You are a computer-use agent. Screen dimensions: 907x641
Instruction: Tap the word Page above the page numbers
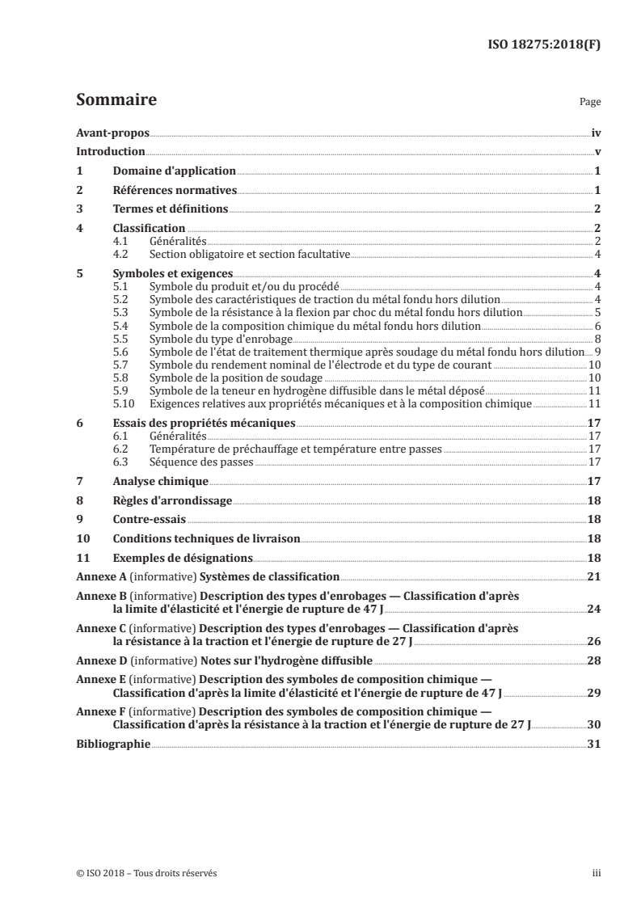[590, 103]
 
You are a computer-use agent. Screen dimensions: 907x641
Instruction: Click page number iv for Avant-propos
[595, 132]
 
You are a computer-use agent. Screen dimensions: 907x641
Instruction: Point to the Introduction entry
[111, 151]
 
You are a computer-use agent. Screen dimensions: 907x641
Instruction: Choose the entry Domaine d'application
[174, 171]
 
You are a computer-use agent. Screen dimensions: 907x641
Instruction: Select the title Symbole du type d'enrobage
[209, 339]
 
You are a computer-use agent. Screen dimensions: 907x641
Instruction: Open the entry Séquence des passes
[201, 462]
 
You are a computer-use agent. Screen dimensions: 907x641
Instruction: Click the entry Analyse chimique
[150, 483]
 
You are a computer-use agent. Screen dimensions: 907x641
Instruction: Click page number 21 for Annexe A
[594, 579]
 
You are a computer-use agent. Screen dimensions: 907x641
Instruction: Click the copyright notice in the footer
[146, 873]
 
